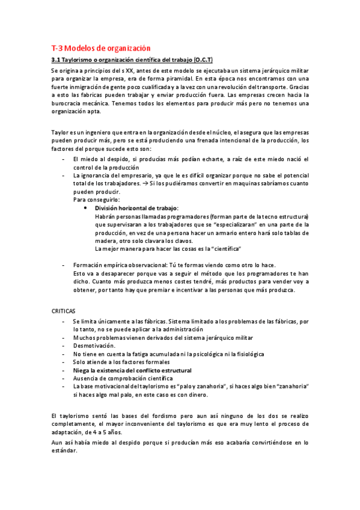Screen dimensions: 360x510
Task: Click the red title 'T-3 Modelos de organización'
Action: [100, 48]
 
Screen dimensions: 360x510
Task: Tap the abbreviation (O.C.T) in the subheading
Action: [199, 61]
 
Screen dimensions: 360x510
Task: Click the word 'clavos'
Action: [178, 241]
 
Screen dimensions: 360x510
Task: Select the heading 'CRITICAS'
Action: [63, 312]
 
